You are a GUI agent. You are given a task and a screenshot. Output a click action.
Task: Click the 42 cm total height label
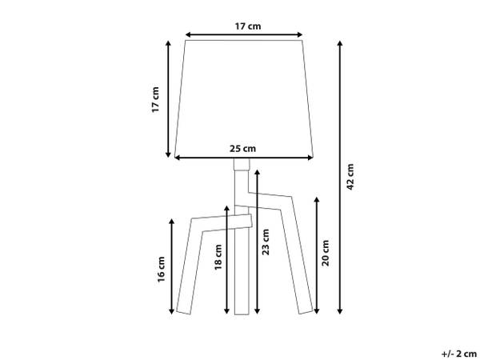[350, 177]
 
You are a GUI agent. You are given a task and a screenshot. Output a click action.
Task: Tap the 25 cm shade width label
[242, 149]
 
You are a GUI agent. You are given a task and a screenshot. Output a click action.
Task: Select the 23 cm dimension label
[266, 242]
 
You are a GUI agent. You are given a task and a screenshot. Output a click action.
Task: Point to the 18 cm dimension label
[218, 257]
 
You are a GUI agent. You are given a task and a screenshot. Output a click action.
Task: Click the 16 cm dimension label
[161, 270]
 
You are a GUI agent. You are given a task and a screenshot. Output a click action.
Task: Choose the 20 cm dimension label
[326, 253]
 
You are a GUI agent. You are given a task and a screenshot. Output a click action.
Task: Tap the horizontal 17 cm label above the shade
[248, 26]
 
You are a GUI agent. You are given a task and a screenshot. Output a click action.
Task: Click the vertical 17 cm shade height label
[155, 99]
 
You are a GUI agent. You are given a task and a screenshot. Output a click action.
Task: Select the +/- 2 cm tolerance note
[459, 354]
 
